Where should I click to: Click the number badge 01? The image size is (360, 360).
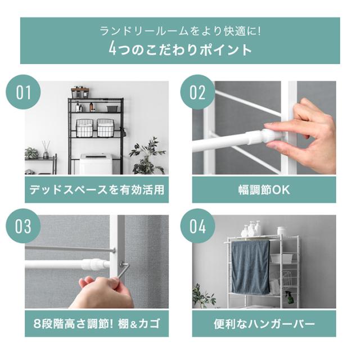pyautogui.click(x=23, y=92)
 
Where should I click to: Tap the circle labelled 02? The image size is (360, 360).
pyautogui.click(x=197, y=92)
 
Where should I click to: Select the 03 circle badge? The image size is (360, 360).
pyautogui.click(x=23, y=226)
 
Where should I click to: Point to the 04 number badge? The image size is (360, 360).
pyautogui.click(x=197, y=226)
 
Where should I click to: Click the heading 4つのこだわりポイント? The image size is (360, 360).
pyautogui.click(x=180, y=49)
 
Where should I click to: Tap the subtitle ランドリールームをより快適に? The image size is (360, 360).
pyautogui.click(x=180, y=31)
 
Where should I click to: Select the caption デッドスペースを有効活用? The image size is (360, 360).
pyautogui.click(x=97, y=190)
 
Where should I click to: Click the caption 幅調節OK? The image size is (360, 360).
pyautogui.click(x=264, y=190)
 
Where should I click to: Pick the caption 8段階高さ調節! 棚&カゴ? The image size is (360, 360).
pyautogui.click(x=97, y=324)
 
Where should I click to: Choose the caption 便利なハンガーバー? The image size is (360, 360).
pyautogui.click(x=264, y=324)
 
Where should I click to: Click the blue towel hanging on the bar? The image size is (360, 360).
pyautogui.click(x=250, y=268)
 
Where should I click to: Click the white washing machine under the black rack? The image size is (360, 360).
pyautogui.click(x=96, y=164)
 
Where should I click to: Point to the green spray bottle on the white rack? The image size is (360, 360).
pyautogui.click(x=289, y=298)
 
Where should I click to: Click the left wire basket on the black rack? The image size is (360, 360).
pyautogui.click(x=84, y=128)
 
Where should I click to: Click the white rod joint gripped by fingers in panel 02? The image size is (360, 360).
pyautogui.click(x=266, y=137)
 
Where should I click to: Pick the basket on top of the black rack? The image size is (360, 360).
pyautogui.click(x=80, y=92)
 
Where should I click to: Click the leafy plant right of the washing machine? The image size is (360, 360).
pyautogui.click(x=147, y=156)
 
